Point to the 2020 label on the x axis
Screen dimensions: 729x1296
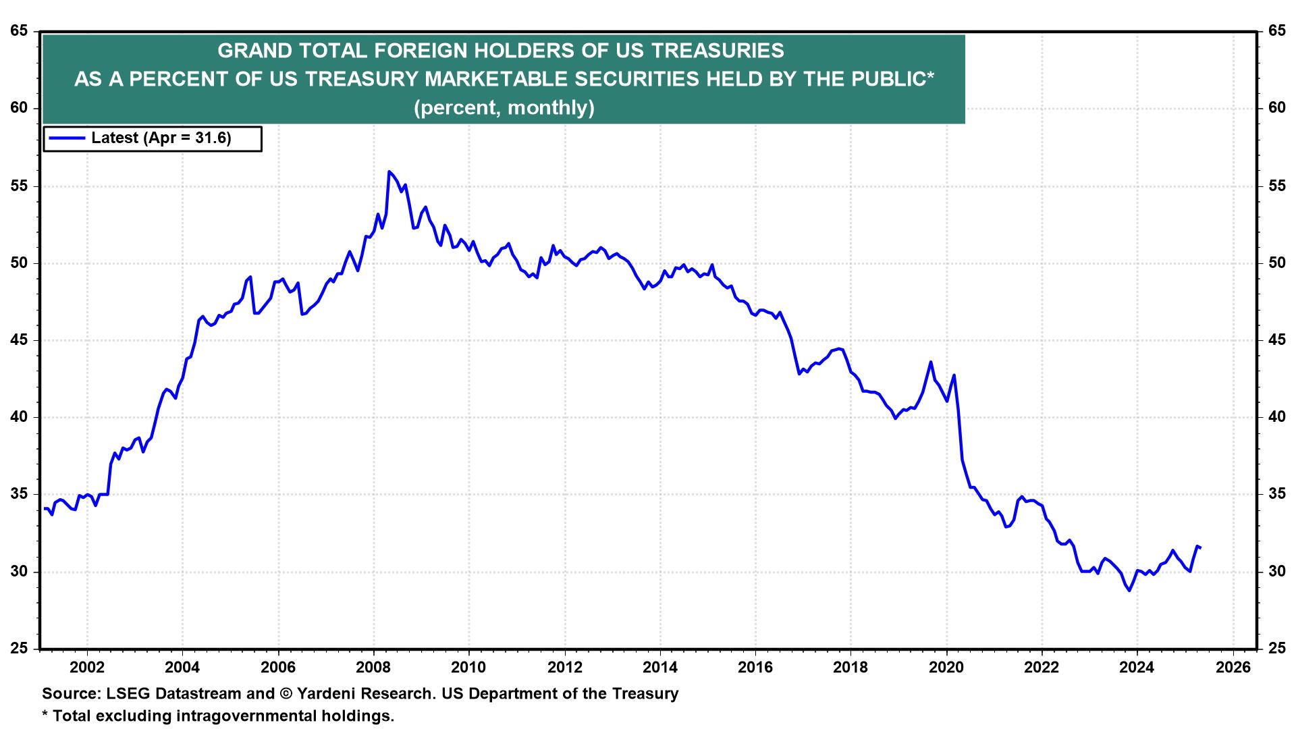(x=946, y=668)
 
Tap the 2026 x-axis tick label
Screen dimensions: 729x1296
(x=1233, y=668)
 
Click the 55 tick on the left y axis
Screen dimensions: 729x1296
(x=19, y=186)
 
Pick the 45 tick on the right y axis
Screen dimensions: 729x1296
(x=1276, y=340)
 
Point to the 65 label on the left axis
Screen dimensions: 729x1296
(x=19, y=31)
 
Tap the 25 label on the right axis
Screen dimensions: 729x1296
(x=1276, y=649)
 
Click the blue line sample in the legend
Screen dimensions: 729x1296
(x=67, y=138)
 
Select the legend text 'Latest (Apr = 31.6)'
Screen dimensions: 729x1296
(x=161, y=138)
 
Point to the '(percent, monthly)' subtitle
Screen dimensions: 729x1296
(x=504, y=108)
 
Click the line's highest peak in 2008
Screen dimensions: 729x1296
(x=389, y=171)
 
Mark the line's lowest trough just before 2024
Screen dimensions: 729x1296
(x=1129, y=591)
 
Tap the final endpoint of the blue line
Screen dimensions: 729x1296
(x=1200, y=547)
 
